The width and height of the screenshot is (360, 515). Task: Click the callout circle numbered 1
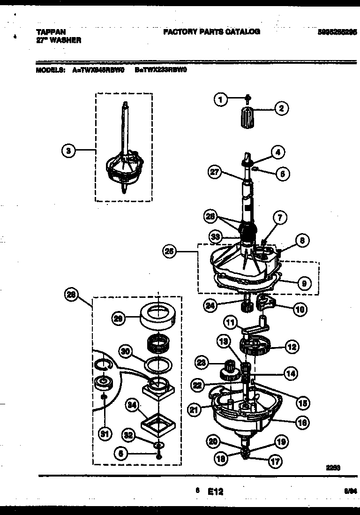pyautogui.click(x=221, y=99)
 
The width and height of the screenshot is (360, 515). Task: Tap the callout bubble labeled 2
pyautogui.click(x=281, y=109)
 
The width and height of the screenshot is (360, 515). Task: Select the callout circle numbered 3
pyautogui.click(x=68, y=151)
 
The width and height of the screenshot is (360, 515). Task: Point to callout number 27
pyautogui.click(x=215, y=173)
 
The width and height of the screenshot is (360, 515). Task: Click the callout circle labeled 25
pyautogui.click(x=170, y=252)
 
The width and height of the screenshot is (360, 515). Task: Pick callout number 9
pyautogui.click(x=304, y=283)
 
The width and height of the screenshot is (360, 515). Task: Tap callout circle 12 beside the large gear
pyautogui.click(x=291, y=348)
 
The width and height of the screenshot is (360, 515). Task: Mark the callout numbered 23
pyautogui.click(x=202, y=363)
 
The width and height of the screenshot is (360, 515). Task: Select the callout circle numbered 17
pyautogui.click(x=276, y=461)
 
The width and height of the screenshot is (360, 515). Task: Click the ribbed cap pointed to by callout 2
pyautogui.click(x=247, y=114)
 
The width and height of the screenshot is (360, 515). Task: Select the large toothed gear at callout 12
pyautogui.click(x=255, y=348)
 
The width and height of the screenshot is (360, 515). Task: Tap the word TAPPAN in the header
pyautogui.click(x=48, y=32)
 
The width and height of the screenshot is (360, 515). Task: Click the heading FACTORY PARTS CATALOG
pyautogui.click(x=211, y=32)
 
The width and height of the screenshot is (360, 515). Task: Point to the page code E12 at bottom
pyautogui.click(x=216, y=492)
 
